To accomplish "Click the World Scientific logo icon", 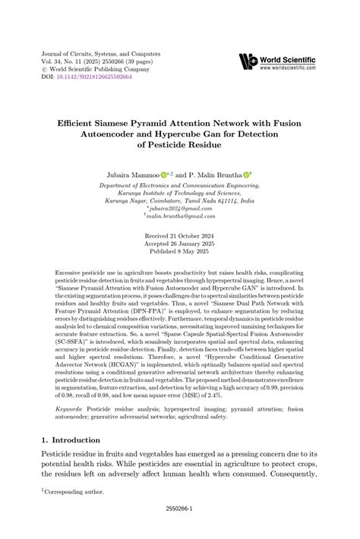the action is (248, 61).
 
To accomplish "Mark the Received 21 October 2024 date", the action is (179, 237).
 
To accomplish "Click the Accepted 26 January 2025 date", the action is (179, 245).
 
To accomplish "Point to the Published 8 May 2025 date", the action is (179, 254).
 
